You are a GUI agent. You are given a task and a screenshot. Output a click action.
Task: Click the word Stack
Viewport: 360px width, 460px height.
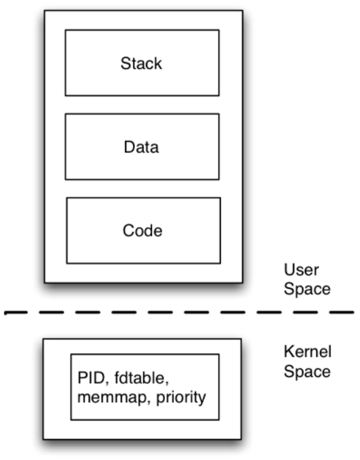(x=141, y=63)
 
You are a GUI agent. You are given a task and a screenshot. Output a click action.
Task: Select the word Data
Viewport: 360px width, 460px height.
(x=141, y=147)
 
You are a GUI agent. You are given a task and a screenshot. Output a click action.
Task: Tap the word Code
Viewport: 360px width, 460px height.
(x=142, y=230)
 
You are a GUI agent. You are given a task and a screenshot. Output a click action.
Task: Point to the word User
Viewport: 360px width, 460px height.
(x=301, y=270)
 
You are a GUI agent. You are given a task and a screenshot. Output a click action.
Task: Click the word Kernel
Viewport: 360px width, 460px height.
(x=307, y=352)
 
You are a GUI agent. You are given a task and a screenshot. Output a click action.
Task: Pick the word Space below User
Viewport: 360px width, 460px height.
(x=307, y=290)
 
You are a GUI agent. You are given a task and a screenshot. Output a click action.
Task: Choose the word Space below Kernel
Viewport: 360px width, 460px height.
(x=307, y=372)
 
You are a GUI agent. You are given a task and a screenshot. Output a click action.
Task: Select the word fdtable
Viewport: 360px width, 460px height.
(x=140, y=378)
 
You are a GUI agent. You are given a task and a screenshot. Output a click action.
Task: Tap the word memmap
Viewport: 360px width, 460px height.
(x=112, y=397)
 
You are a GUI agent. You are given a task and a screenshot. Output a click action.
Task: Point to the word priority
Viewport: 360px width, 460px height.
(x=181, y=399)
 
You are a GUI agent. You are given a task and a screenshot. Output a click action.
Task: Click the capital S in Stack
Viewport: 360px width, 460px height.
(x=125, y=63)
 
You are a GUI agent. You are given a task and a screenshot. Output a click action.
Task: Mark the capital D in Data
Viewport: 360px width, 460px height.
(x=130, y=147)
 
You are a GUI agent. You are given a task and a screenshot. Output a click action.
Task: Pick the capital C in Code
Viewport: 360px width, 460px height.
(x=128, y=230)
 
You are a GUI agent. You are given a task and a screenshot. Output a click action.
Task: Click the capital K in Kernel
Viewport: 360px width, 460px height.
(x=289, y=352)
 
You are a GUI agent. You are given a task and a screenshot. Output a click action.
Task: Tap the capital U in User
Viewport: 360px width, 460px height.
(x=289, y=270)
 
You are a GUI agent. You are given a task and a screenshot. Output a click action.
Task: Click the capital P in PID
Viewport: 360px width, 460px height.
(x=82, y=378)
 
